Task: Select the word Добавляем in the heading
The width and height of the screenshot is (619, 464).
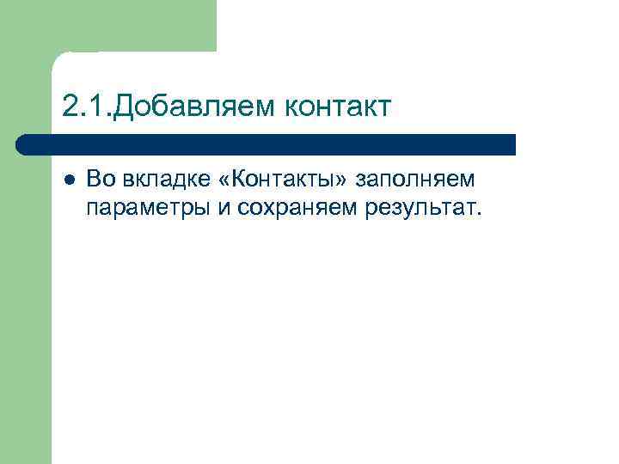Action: tap(194, 107)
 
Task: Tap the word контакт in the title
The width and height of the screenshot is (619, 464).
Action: tap(337, 107)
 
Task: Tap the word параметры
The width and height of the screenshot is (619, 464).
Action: tap(142, 209)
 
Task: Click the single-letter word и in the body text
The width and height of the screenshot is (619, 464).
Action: tap(221, 209)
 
